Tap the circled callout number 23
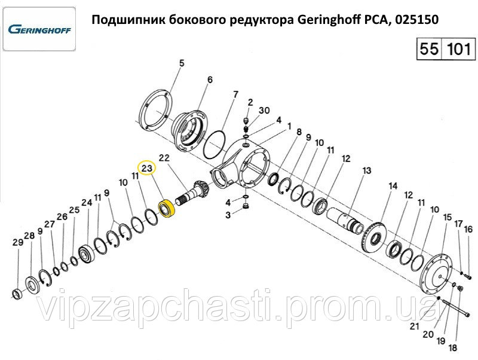(146, 168)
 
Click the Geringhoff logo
(39, 29)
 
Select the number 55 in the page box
(429, 49)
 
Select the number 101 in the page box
(458, 49)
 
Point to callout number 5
(182, 63)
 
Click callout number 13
(366, 170)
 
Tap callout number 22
(164, 158)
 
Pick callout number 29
(18, 243)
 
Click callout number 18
(453, 347)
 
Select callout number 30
(264, 110)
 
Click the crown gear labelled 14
(375, 236)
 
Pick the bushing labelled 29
(16, 294)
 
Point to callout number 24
(87, 203)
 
